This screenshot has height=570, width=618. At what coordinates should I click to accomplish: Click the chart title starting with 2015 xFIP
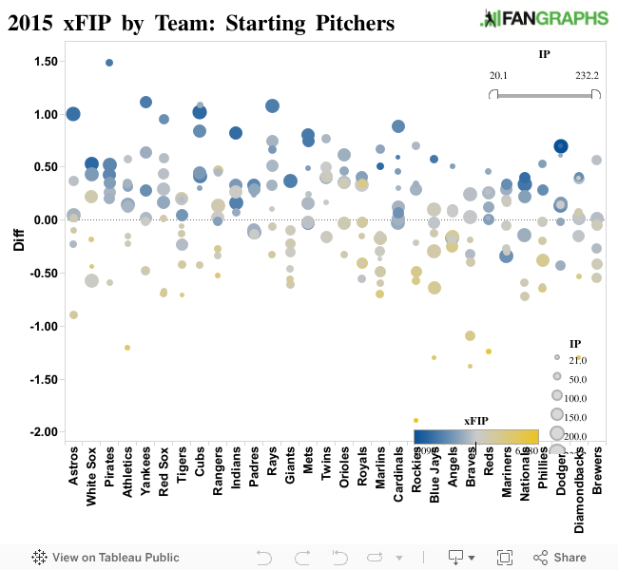click(x=201, y=21)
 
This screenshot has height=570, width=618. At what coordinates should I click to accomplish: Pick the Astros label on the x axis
click(x=74, y=469)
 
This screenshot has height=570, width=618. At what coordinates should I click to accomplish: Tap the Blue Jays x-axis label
click(x=435, y=476)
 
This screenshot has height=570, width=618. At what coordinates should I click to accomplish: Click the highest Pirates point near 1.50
click(x=109, y=63)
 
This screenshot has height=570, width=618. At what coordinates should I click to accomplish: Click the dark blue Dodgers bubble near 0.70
click(x=561, y=146)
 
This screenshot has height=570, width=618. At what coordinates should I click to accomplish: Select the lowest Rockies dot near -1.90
click(x=415, y=420)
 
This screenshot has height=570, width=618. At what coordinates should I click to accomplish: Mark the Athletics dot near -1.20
click(x=127, y=348)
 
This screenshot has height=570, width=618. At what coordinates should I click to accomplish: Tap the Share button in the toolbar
click(x=560, y=558)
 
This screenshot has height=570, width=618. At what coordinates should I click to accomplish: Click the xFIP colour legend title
click(x=476, y=420)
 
